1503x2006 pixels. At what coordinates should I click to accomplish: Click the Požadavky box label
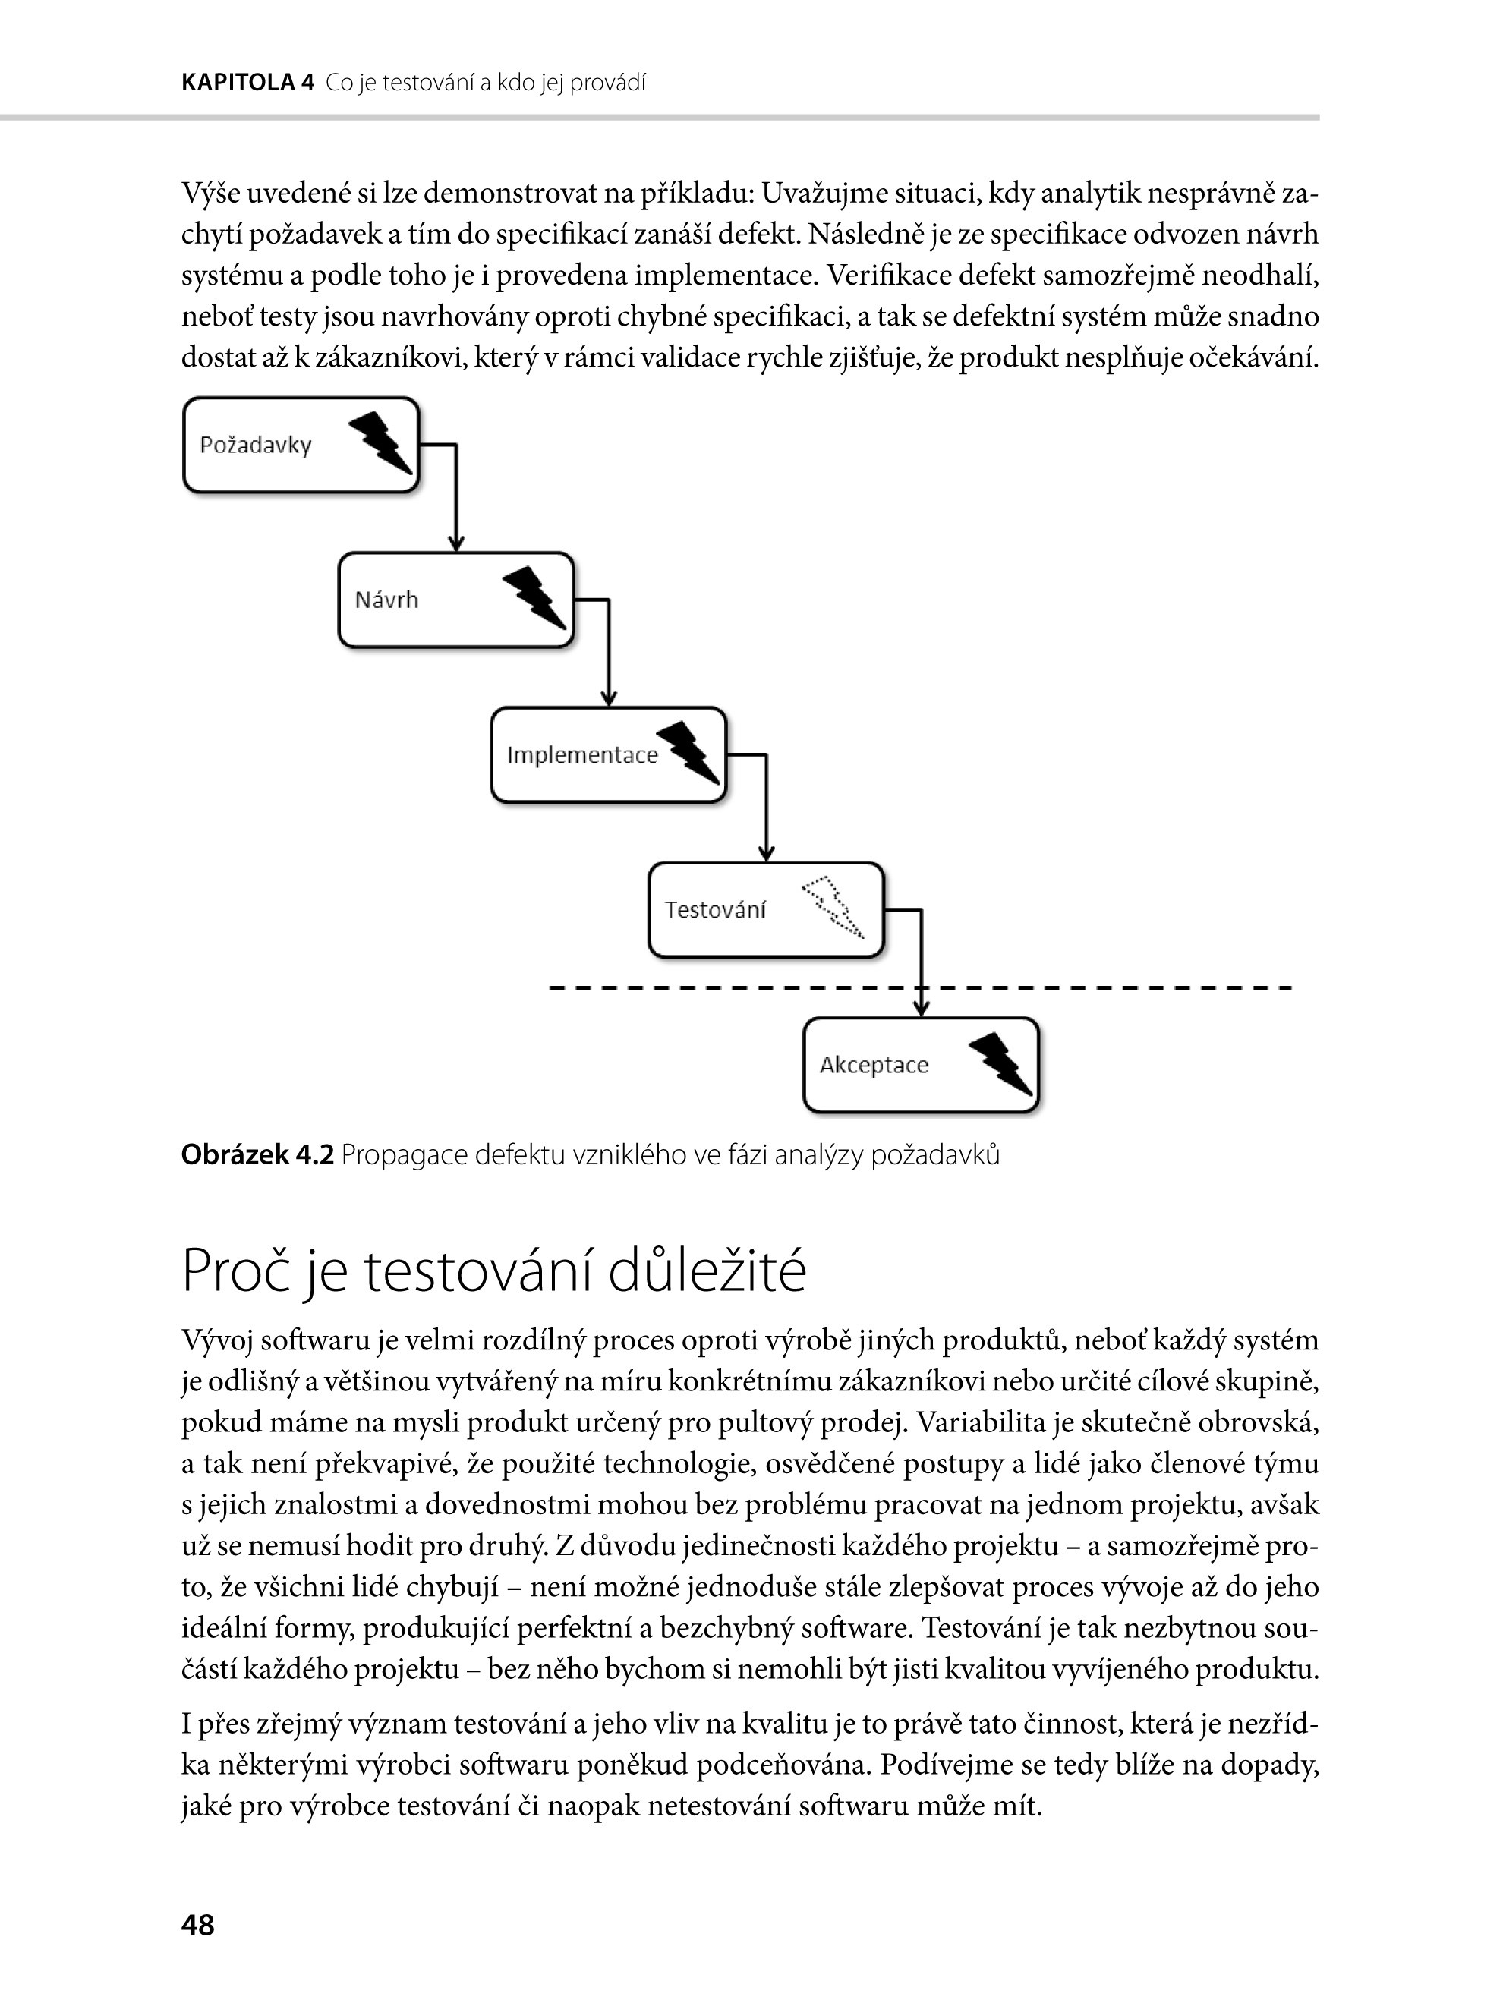click(x=255, y=446)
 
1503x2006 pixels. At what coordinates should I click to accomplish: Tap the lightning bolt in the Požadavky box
click(x=380, y=442)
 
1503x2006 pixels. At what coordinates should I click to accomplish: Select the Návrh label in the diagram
click(x=386, y=600)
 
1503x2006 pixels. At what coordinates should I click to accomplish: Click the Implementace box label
click(x=581, y=755)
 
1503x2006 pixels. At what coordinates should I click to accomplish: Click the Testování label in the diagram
click(x=715, y=911)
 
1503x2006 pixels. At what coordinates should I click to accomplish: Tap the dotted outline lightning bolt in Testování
click(x=833, y=907)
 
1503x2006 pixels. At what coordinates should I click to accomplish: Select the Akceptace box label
click(x=874, y=1066)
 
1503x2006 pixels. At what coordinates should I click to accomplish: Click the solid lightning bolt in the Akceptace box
click(x=1000, y=1063)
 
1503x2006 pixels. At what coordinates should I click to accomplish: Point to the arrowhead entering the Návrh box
click(x=456, y=544)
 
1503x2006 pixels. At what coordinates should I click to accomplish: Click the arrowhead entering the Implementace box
click(x=609, y=699)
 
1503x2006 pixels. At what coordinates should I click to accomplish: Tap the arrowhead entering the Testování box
click(x=767, y=855)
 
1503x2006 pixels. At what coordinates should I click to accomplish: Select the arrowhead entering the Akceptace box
click(x=922, y=1009)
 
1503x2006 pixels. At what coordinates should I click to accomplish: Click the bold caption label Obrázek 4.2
click(x=257, y=1155)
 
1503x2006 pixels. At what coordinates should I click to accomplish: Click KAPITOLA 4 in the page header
click(x=247, y=83)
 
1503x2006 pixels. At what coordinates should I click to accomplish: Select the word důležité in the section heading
click(x=707, y=1271)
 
